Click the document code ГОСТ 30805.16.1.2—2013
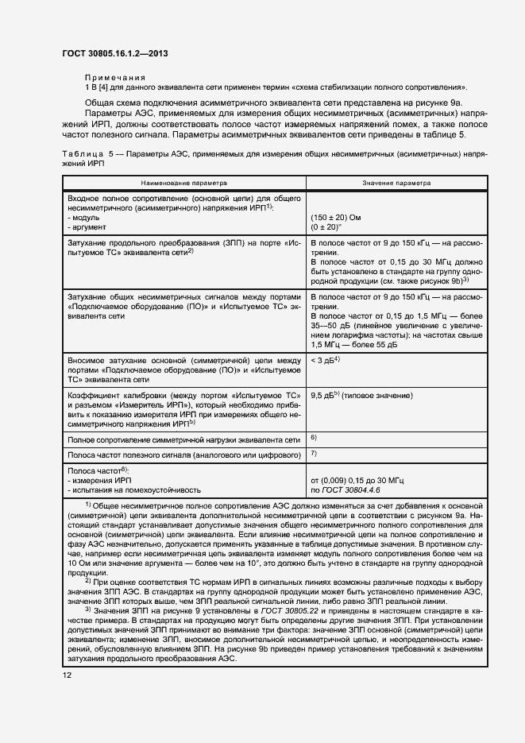click(115, 54)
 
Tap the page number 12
click(67, 675)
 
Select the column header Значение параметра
click(397, 182)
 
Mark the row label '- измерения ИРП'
click(99, 481)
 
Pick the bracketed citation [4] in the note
click(102, 87)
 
